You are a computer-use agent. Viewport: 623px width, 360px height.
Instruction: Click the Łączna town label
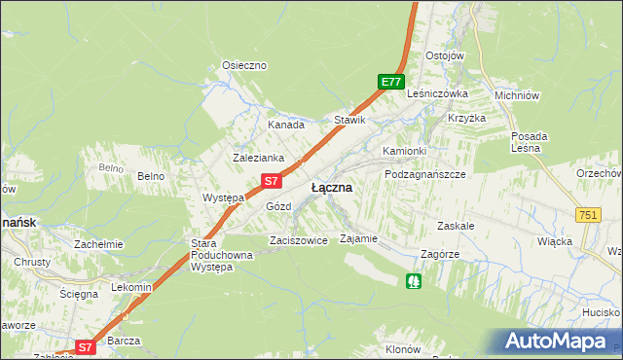coord(331,187)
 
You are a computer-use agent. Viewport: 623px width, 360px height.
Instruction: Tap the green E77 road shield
coord(391,83)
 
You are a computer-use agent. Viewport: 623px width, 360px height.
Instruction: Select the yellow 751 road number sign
coord(587,215)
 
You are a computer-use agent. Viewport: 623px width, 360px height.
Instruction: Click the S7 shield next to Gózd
coord(274,180)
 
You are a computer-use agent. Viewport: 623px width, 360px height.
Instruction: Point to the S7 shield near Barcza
coord(86,346)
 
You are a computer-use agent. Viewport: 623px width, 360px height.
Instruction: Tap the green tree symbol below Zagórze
coord(415,281)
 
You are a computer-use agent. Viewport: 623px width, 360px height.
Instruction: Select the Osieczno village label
coord(244,65)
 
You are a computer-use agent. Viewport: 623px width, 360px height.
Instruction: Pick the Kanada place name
coord(286,125)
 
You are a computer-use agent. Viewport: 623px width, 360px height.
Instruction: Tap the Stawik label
coord(349,121)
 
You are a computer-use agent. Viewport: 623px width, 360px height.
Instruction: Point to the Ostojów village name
coord(444,55)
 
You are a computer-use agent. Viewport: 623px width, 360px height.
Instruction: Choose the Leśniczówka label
coord(439,94)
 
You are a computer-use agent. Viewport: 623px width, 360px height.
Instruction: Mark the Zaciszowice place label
coord(298,239)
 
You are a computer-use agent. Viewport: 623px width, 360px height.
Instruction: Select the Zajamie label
coord(357,237)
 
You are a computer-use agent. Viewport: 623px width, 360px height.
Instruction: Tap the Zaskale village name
coord(456,225)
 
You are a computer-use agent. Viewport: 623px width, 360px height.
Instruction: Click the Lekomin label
coord(131,287)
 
